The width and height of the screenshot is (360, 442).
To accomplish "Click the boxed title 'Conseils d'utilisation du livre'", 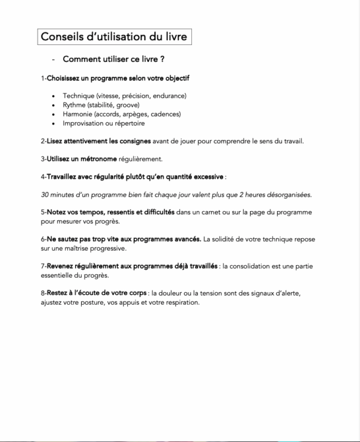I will (x=113, y=37).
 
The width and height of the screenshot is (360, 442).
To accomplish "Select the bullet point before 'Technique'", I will (x=55, y=96).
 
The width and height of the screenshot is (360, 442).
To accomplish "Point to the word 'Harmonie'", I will (x=78, y=114).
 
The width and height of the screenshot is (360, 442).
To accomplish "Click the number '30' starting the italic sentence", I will (x=46, y=195).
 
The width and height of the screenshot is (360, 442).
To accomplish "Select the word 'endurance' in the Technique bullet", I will (x=170, y=96).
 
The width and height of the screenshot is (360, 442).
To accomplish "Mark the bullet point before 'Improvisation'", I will (x=55, y=124).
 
